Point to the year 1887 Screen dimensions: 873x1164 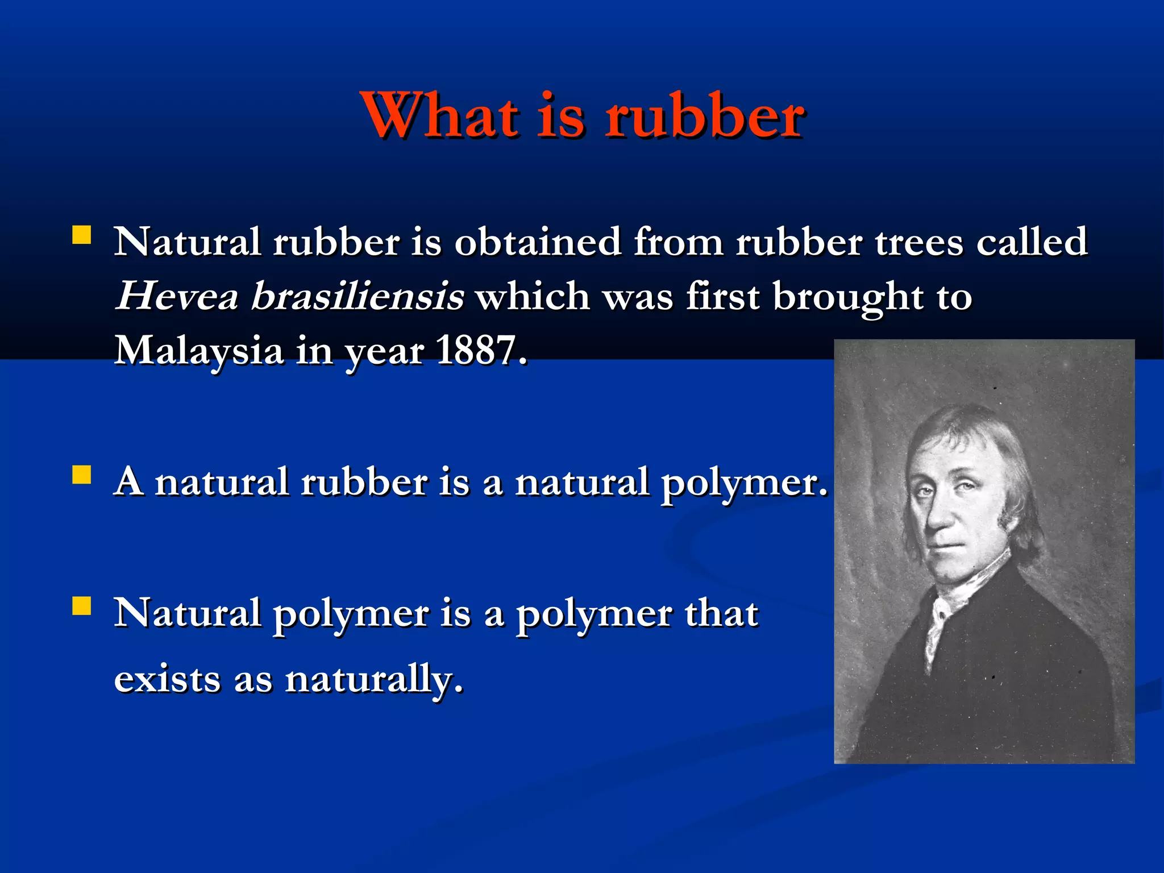click(481, 350)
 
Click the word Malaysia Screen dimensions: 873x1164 click(199, 350)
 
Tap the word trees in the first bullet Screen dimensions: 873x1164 click(918, 243)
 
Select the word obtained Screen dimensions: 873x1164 click(537, 243)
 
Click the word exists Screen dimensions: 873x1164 click(167, 679)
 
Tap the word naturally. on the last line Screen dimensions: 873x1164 click(374, 680)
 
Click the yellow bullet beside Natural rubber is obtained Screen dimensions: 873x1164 click(82, 235)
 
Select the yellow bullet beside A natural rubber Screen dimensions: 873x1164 click(82, 475)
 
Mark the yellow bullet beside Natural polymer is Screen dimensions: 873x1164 click(82, 606)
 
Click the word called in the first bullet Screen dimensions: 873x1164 click(1032, 243)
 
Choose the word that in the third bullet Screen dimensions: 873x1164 click(721, 614)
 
